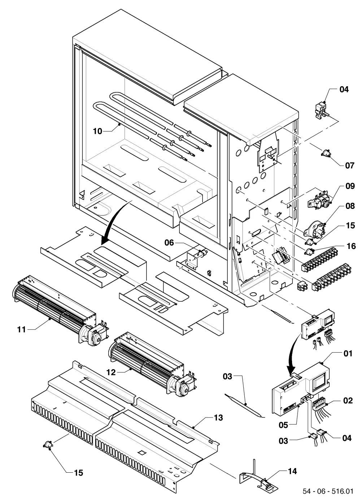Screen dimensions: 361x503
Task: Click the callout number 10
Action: coord(97,131)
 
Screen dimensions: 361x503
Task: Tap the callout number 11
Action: coord(22,330)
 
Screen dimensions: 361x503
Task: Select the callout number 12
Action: coord(111,372)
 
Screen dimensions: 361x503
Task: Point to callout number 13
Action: coord(218,418)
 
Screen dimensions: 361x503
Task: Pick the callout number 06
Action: coord(169,242)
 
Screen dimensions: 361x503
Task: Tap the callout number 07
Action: coord(349,166)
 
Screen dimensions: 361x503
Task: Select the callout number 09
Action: coord(350,186)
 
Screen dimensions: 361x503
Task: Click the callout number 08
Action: coord(350,206)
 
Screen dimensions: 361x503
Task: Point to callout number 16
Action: coord(351,246)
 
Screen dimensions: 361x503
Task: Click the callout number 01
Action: coord(348,354)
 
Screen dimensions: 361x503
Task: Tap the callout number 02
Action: coord(348,401)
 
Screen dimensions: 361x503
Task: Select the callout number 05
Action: coord(283,425)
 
